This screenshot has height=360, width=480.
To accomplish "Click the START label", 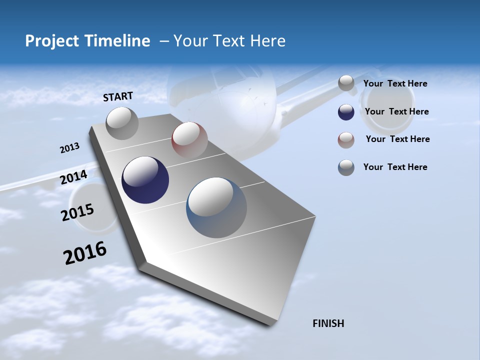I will click(x=118, y=96).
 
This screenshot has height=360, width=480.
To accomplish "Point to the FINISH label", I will click(x=328, y=323).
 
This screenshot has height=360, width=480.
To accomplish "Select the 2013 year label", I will click(x=69, y=147).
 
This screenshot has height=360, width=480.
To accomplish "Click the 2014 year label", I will click(x=73, y=177).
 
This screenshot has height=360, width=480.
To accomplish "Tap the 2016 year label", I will click(x=85, y=253).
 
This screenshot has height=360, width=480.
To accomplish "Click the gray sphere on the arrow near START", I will click(x=122, y=123).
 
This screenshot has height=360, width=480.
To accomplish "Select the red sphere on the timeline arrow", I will click(x=189, y=139).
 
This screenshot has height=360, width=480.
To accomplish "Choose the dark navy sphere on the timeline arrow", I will click(x=145, y=180).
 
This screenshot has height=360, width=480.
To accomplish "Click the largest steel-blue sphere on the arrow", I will click(x=216, y=207).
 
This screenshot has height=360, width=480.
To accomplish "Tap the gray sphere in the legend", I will click(x=346, y=83).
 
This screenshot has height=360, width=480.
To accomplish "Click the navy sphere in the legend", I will click(x=346, y=112).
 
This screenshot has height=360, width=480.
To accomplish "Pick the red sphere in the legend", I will click(x=346, y=140).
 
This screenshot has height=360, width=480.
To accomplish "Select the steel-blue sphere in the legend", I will click(x=346, y=167).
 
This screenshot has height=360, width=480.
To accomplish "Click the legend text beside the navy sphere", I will click(x=396, y=111).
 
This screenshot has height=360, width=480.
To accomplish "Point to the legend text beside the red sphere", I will click(x=397, y=139).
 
